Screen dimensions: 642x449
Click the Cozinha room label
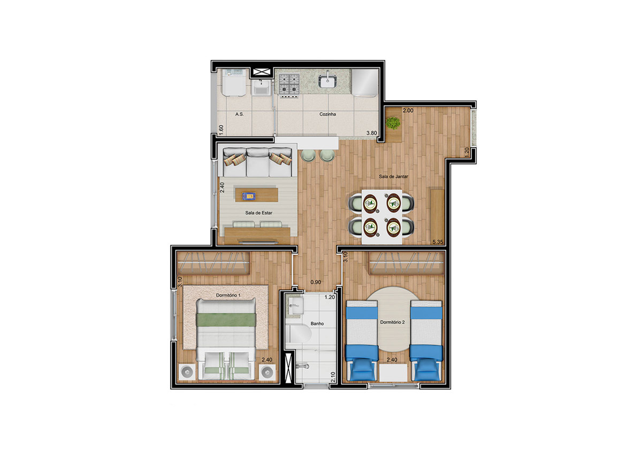327,114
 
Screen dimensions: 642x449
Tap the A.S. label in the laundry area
240,114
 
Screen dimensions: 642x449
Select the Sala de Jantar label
393,176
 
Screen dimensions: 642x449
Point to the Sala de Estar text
258,213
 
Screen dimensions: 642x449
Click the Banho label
317,323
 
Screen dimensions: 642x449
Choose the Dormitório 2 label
392,322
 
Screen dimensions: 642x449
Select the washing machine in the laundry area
234,82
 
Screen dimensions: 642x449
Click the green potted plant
393,123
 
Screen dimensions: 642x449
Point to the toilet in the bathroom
299,334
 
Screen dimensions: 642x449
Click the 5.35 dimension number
438,242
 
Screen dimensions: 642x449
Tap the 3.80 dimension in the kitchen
371,133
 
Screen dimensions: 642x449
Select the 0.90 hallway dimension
316,282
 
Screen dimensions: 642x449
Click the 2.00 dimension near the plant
408,110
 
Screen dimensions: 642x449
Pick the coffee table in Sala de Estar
256,195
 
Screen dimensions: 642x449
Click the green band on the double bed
226,320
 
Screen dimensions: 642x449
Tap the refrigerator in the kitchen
365,82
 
